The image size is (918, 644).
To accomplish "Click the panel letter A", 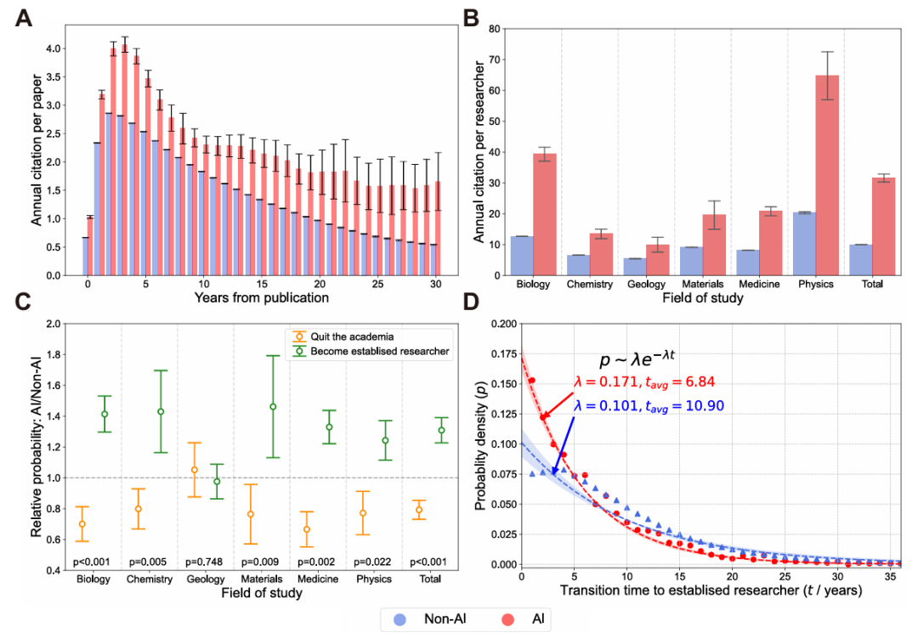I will pos(26,19).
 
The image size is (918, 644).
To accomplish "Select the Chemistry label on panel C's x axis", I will pos(150,579).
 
